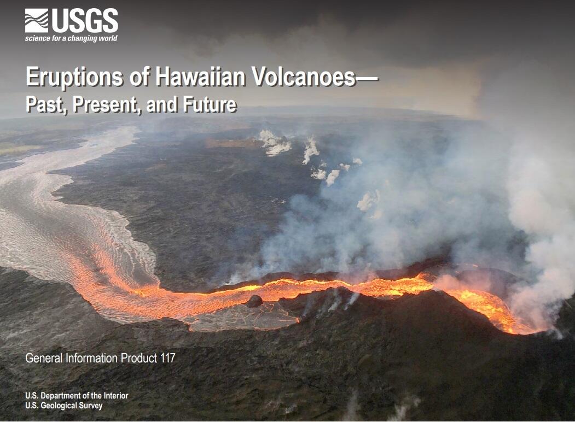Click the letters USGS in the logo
pyautogui.click(x=85, y=21)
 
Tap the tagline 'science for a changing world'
pyautogui.click(x=71, y=39)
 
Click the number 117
pyautogui.click(x=165, y=359)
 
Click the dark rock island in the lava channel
pyautogui.click(x=254, y=301)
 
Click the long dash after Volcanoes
pyautogui.click(x=367, y=78)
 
